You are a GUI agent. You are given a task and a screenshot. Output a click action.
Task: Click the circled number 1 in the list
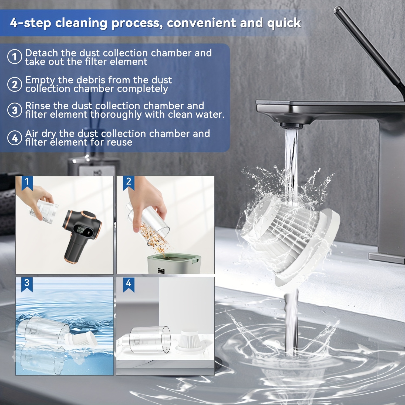[15, 57]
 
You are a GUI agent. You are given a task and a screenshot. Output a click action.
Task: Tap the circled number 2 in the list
[15, 84]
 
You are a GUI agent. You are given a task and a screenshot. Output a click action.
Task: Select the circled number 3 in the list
[15, 110]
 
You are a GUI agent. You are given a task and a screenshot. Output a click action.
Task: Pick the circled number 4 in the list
[15, 138]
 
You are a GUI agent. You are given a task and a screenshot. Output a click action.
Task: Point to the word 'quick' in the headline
[284, 23]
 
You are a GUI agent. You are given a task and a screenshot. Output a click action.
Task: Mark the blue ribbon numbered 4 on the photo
[129, 285]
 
